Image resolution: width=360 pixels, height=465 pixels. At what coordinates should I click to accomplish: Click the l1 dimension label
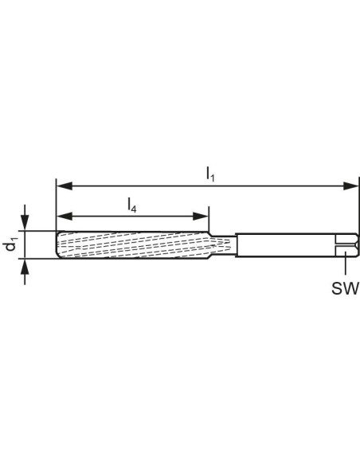(x=210, y=174)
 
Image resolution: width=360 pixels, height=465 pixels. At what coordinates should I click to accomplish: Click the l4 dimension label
(x=132, y=205)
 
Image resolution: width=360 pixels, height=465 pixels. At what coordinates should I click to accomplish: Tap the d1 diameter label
(x=10, y=244)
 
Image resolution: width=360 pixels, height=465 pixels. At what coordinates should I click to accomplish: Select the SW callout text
(x=346, y=288)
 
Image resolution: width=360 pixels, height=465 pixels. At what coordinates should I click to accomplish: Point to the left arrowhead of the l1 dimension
(x=64, y=186)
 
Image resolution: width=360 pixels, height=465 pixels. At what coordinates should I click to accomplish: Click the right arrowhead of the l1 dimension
(x=350, y=186)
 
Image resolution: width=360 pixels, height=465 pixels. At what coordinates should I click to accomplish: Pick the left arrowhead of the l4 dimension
(x=64, y=217)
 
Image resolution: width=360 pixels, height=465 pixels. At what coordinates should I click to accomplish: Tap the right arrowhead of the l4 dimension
(x=201, y=217)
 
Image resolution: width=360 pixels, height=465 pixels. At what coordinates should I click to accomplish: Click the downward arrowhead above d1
(x=25, y=222)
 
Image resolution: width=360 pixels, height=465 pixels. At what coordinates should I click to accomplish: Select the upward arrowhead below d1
(x=25, y=267)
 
